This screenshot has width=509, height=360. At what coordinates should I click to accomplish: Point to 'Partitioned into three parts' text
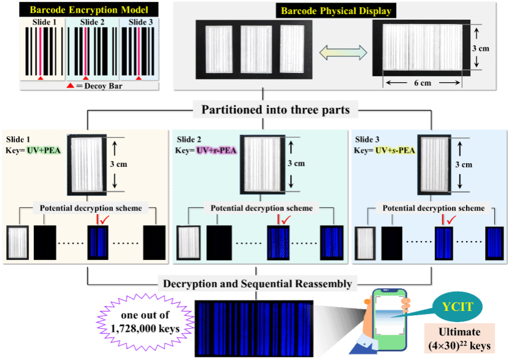point(276,110)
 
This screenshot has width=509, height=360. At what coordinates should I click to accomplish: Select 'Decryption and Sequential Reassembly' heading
point(257,283)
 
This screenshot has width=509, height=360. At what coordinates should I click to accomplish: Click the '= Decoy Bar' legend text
point(101,86)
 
